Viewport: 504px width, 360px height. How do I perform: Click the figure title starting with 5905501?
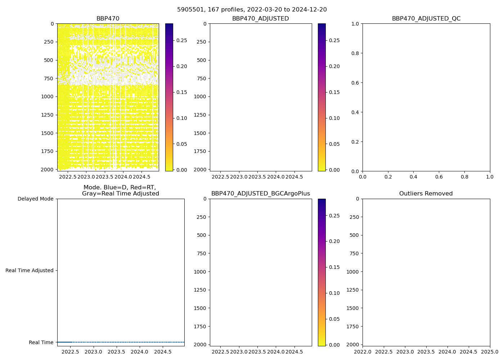(252, 10)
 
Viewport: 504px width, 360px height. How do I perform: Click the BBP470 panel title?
(108, 19)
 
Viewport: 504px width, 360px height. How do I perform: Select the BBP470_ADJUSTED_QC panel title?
(426, 19)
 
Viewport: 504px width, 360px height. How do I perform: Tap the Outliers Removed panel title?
(426, 194)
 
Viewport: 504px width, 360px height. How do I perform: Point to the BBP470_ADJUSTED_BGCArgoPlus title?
(261, 194)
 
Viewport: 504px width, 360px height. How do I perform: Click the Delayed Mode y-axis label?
(35, 199)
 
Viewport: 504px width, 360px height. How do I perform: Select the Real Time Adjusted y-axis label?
(29, 270)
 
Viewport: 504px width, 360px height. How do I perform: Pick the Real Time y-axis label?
(41, 342)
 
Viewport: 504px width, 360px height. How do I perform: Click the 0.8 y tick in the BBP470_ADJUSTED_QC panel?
(356, 53)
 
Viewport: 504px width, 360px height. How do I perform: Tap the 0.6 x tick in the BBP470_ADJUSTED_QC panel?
(439, 177)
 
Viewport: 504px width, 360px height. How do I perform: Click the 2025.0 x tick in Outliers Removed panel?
(490, 352)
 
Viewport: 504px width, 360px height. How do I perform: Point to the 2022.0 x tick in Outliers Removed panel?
(363, 352)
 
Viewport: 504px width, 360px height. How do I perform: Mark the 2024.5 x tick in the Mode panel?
(162, 352)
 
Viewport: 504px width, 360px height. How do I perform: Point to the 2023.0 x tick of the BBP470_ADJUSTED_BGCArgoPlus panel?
(239, 352)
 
